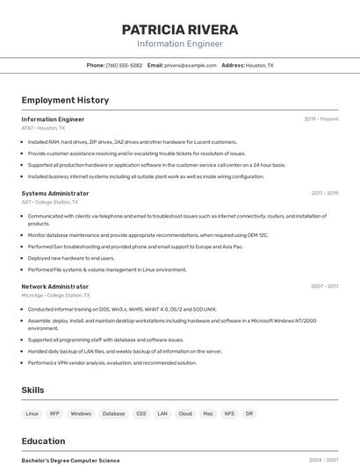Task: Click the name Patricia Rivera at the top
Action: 180,30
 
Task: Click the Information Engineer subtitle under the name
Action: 180,44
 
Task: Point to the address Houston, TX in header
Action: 259,65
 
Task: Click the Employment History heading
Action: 65,100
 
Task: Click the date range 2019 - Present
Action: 321,118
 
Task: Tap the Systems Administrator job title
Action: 55,193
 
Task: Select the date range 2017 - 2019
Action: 324,193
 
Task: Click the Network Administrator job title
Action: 55,286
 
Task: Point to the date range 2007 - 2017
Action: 324,286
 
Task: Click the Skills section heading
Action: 33,390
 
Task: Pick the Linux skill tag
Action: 32,413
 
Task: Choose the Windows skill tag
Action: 81,413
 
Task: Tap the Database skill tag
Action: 113,413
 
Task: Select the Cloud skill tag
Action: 185,413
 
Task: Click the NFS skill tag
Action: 229,413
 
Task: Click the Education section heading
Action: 43,441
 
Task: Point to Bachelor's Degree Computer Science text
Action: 70,460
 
